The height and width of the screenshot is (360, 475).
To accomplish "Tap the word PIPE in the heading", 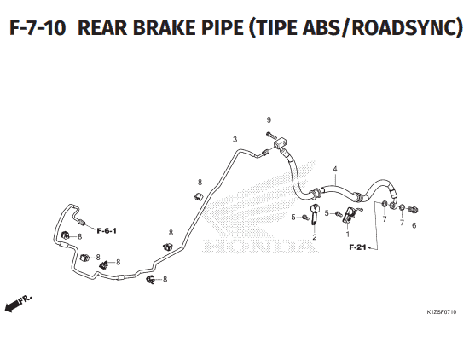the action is (221, 27).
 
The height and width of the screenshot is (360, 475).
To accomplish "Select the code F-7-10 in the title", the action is (38, 27).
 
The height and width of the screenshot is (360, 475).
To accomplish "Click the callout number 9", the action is (269, 120).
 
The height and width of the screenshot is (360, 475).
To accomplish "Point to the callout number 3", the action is (235, 140).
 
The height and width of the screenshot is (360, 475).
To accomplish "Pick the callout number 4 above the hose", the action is (335, 169).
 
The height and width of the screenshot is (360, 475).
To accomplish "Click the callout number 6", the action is (414, 225).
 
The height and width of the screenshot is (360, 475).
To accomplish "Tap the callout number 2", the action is (315, 237).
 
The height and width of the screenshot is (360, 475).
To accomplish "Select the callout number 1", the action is (347, 235).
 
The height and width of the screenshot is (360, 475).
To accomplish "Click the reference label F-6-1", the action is (107, 231).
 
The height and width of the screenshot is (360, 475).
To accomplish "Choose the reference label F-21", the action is (358, 247).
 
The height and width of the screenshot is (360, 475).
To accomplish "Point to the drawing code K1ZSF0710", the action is (442, 312).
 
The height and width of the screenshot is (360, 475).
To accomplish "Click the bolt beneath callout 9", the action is (269, 134).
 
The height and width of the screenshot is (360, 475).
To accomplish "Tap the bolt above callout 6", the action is (413, 209).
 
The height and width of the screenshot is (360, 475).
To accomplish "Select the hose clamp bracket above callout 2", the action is (315, 214).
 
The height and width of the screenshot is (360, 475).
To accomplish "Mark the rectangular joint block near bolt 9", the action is (281, 142).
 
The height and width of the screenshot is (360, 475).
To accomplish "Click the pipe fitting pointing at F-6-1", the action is (82, 222).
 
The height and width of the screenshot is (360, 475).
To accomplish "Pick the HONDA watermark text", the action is (259, 246).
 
